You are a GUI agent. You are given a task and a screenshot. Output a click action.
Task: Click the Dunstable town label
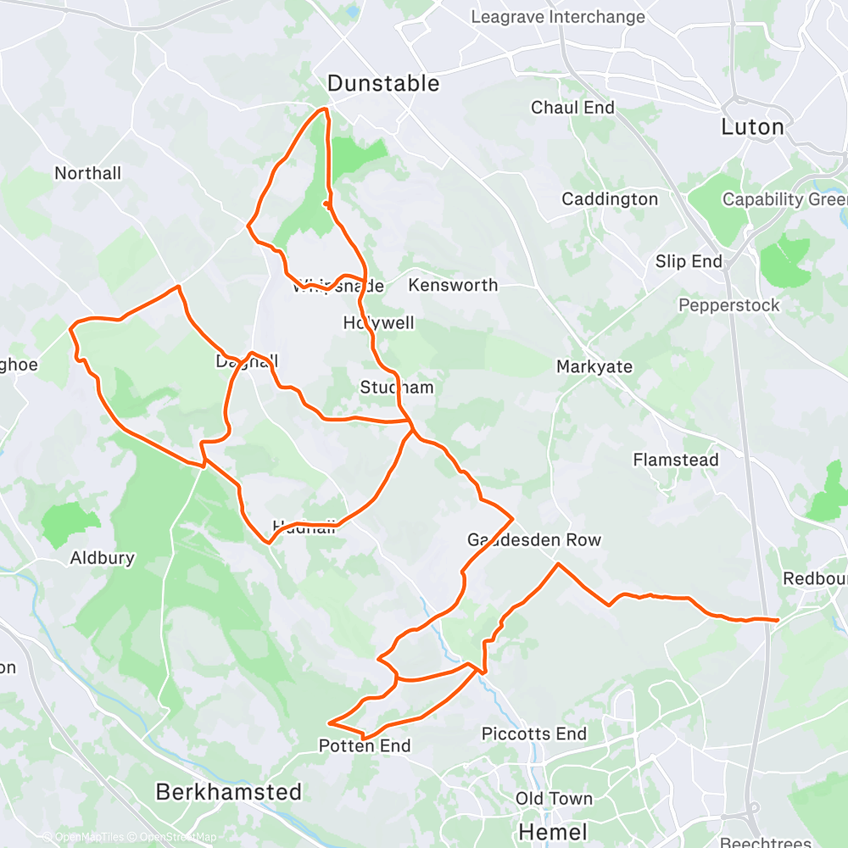pos(383,83)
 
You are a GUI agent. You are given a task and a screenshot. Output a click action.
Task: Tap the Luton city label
pos(752,127)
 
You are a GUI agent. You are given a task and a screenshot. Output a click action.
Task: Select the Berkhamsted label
pos(229,792)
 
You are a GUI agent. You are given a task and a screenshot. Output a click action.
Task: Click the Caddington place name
pos(610,199)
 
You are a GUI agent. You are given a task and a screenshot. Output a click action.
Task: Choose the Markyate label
pos(595,366)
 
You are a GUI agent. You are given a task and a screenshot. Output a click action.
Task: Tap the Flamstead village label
pos(676,460)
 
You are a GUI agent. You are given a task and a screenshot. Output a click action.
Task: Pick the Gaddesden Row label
pos(534,540)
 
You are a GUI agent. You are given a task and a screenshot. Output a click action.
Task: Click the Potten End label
pos(365,746)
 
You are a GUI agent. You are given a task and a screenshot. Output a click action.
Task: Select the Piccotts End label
pos(534,734)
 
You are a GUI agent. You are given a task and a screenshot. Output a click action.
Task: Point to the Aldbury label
pos(102,558)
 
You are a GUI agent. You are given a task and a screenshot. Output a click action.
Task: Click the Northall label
pos(88,173)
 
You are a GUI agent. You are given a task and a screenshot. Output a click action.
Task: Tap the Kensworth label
pos(453,285)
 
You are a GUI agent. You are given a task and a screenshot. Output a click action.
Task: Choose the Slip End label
pos(689,261)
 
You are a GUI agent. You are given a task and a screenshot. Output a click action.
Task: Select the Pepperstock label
pos(729,304)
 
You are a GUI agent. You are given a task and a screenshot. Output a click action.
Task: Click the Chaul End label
pos(572,108)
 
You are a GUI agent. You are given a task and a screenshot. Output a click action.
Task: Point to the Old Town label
pos(554,799)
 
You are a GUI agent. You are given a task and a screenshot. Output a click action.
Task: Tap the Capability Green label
pos(784,199)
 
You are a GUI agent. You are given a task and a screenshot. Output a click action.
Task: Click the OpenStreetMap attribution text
pos(174,837)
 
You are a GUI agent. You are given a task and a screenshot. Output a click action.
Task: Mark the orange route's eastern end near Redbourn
pos(777,621)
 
